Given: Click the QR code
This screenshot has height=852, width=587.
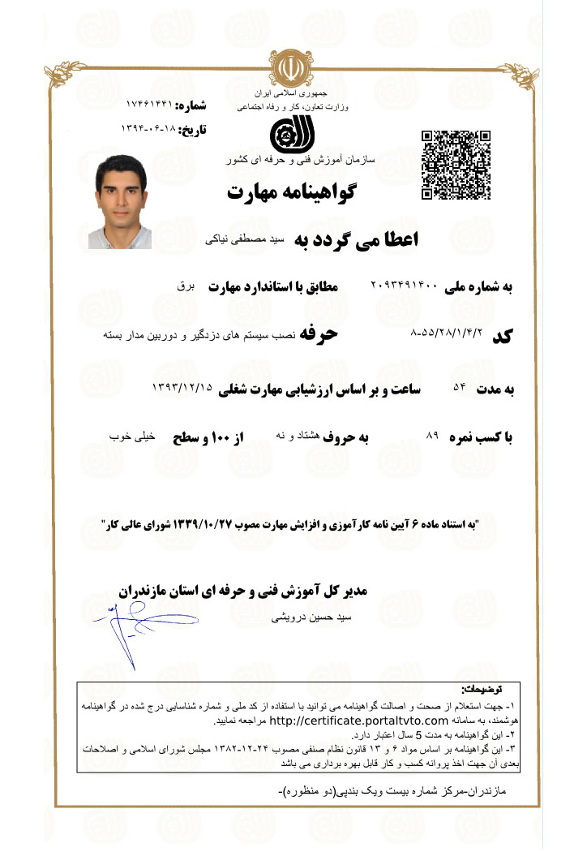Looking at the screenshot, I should point(456,166).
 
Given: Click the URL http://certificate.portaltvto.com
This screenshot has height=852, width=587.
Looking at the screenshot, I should point(358,721).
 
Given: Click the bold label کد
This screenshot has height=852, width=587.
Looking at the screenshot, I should point(503,336).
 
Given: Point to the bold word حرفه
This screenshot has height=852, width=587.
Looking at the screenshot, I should point(319,333).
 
